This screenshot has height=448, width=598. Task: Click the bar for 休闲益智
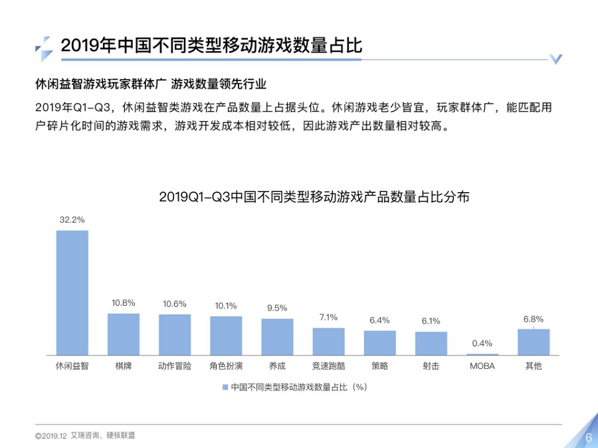click(72, 292)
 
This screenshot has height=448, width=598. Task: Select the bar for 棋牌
click(124, 334)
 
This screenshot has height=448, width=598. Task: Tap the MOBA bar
click(482, 354)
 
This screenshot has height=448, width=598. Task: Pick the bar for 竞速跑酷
click(328, 341)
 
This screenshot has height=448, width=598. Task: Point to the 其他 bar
click(534, 342)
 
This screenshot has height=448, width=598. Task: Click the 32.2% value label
click(72, 219)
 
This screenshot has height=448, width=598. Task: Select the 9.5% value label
click(277, 308)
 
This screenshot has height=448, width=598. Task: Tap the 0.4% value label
click(482, 344)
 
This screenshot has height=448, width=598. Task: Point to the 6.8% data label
click(534, 319)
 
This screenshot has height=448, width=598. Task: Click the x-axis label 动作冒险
click(175, 366)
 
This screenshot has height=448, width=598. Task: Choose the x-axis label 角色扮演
click(226, 366)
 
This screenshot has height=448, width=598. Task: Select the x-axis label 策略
click(379, 366)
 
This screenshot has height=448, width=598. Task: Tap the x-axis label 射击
click(431, 366)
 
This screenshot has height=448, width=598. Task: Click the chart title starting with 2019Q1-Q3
click(315, 197)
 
